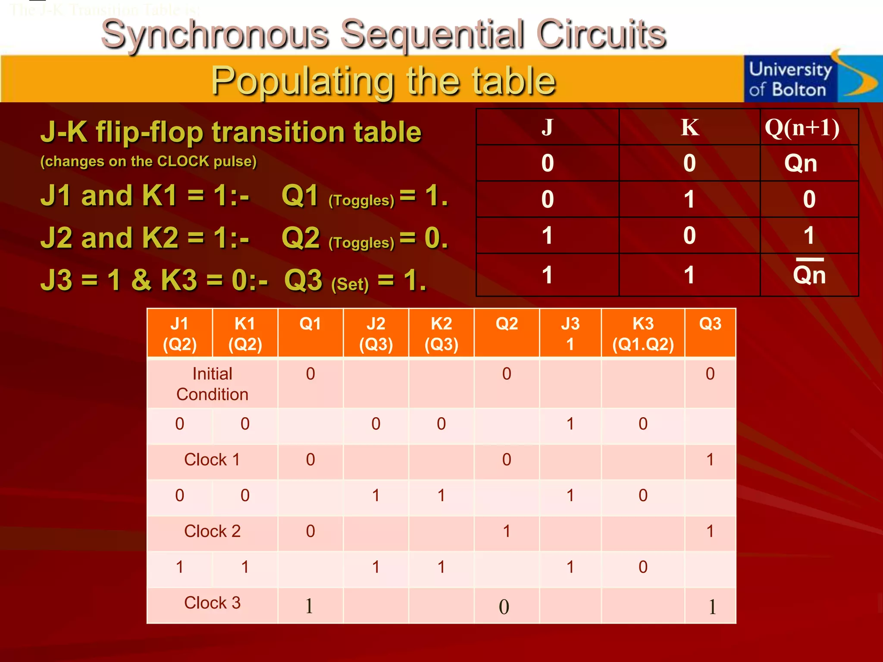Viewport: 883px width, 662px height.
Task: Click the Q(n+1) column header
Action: pos(802,128)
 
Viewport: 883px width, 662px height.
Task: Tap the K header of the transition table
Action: pos(689,128)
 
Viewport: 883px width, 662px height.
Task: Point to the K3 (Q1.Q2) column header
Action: pos(643,334)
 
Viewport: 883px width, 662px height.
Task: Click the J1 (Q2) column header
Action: pos(180,334)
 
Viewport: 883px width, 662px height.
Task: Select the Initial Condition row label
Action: pos(212,384)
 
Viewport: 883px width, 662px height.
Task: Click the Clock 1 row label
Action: pos(212,459)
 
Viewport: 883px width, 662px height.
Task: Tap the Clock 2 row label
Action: pos(212,531)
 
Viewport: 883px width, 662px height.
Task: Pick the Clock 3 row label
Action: pos(212,603)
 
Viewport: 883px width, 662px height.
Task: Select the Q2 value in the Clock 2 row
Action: pos(507,531)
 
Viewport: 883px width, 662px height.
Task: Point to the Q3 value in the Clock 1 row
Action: pos(710,459)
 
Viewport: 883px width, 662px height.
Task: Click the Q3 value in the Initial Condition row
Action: pos(710,374)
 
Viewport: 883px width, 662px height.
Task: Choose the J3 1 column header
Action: pos(570,334)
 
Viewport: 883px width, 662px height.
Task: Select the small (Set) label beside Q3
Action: pos(350,284)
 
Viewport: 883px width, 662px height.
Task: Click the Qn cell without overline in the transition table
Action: pos(801,163)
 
